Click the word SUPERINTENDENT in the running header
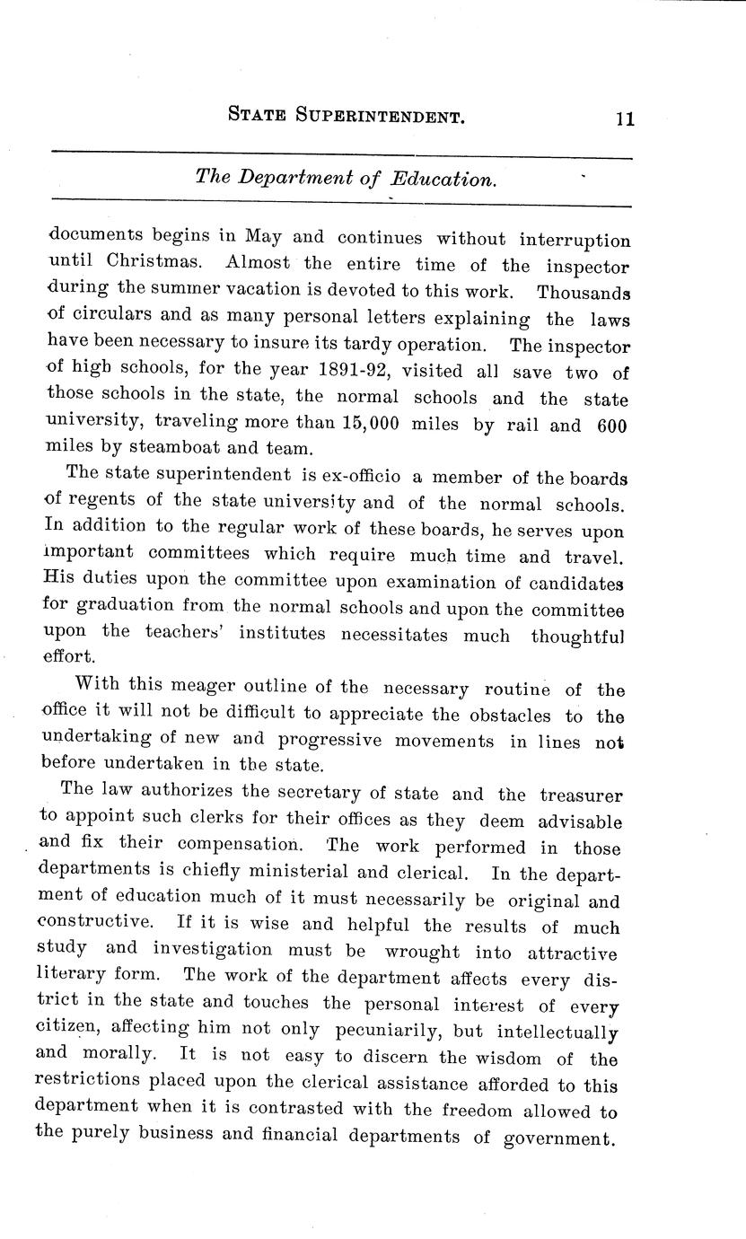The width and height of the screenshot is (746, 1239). pyautogui.click(x=373, y=115)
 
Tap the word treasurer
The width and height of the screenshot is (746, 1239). pyautogui.click(x=581, y=794)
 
